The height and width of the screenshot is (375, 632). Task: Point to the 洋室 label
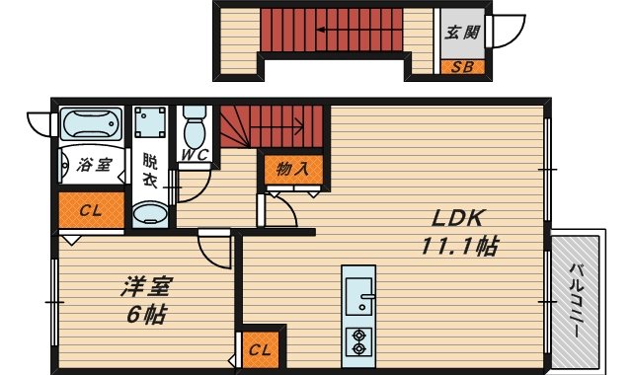[x=147, y=288]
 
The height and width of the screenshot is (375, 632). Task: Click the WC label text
[x=193, y=154]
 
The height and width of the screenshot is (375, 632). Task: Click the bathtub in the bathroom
[x=90, y=124]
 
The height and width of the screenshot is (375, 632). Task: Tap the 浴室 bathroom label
[x=91, y=165]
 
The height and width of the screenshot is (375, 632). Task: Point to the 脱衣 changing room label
[x=150, y=170]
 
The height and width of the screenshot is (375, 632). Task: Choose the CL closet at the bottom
[x=260, y=348]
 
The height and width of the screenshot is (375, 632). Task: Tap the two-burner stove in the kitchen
[x=357, y=339]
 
